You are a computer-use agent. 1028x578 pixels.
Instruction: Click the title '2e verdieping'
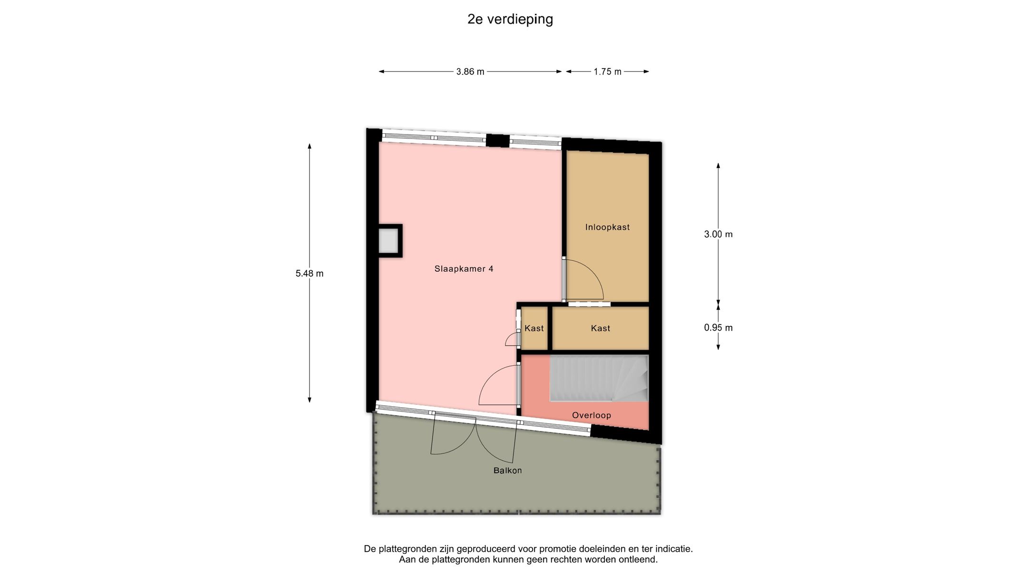510,20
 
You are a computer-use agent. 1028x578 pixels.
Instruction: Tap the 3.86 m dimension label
470,72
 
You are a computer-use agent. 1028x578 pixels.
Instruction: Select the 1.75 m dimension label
607,72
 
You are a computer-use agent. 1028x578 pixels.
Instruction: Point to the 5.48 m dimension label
309,274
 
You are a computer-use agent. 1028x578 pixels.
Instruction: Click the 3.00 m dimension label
718,234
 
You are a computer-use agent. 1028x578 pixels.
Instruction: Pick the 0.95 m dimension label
718,328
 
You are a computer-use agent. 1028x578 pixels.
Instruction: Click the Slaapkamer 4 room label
464,269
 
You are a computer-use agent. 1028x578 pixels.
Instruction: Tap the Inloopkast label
607,227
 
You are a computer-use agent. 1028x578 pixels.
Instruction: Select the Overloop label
591,415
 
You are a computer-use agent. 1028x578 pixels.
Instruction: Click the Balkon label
507,470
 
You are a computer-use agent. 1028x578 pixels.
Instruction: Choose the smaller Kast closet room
534,328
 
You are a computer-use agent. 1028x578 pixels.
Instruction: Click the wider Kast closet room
600,328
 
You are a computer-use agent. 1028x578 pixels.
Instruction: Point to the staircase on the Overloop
599,378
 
